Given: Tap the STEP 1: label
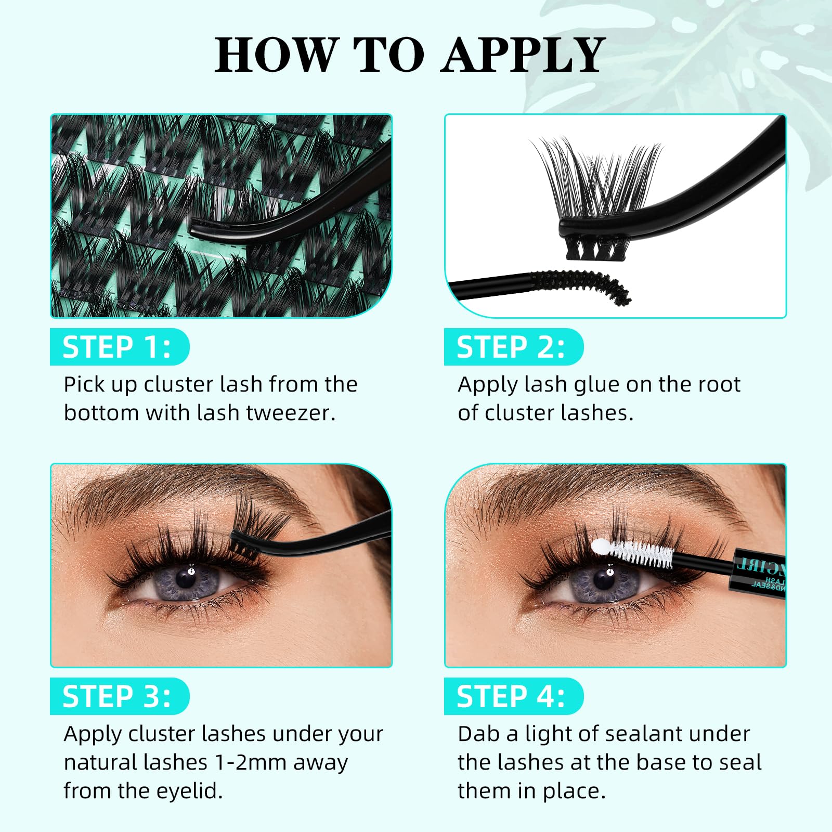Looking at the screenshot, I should click(117, 347).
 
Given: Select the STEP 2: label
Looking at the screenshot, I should click(511, 347).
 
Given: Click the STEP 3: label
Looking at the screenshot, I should click(117, 696).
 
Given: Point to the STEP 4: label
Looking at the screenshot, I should click(511, 696).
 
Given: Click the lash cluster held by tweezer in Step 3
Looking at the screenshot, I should click(255, 525).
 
